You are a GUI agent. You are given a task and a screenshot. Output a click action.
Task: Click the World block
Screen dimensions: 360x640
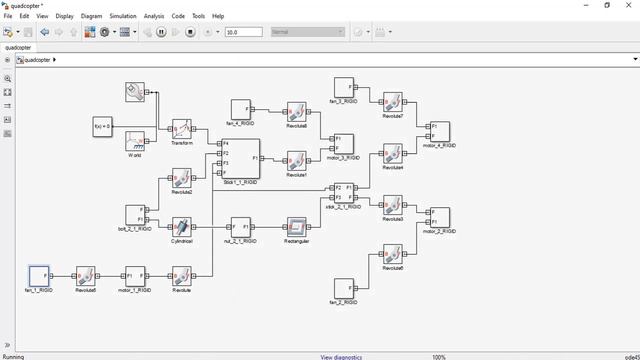tap(135, 140)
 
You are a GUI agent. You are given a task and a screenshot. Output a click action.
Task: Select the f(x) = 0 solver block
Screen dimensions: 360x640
tap(102, 127)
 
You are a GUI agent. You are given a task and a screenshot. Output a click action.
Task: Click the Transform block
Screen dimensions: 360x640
tap(181, 129)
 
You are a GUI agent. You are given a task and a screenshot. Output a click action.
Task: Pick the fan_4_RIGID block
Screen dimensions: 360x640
tap(240, 108)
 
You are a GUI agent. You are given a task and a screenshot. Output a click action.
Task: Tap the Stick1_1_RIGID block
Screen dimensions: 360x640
tap(240, 158)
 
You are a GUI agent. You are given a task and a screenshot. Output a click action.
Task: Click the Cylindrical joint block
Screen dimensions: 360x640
tap(181, 227)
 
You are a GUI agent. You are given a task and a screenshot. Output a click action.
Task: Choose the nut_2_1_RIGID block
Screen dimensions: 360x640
tap(240, 227)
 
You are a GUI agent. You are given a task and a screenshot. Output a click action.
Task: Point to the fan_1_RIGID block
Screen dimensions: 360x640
tap(38, 275)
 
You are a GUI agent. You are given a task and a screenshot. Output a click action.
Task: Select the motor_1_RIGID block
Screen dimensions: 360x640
tap(135, 275)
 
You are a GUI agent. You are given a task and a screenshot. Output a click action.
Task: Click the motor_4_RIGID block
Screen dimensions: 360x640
tap(439, 131)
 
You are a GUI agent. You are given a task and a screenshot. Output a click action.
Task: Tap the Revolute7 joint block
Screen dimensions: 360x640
tap(393, 101)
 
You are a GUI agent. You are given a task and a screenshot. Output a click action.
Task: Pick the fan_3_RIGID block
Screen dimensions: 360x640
tap(343, 87)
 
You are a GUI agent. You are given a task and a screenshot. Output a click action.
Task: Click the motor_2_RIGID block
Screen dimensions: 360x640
tap(439, 217)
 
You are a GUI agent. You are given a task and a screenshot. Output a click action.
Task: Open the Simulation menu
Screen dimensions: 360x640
tap(123, 16)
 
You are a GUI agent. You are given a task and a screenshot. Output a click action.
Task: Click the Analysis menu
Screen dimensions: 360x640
tap(154, 16)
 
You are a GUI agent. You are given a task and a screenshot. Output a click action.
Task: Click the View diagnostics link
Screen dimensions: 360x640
tap(341, 356)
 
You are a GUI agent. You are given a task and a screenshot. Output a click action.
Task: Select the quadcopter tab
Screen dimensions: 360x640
tap(17, 47)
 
